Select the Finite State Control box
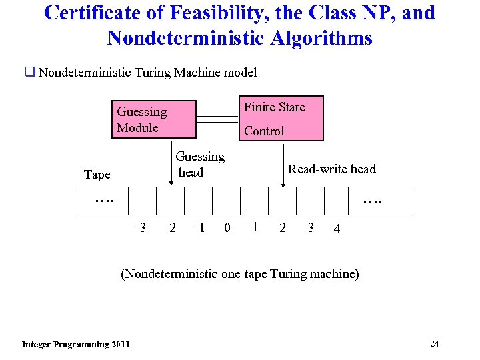pos(280,119)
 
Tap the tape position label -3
pos(141,228)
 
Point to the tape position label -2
pos(170,228)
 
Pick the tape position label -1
pos(199,228)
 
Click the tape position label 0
pos(227,228)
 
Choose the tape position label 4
pos(337,229)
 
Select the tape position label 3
pos(311,228)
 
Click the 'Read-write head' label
pos(331,169)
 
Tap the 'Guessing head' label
pos(199,165)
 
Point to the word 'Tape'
pos(97,175)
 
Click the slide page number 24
pos(435,343)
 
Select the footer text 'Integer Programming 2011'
pos(76,344)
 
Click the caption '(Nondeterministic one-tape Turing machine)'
pos(239,274)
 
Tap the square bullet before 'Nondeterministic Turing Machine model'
pos(30,72)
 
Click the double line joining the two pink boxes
pos(217,119)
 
